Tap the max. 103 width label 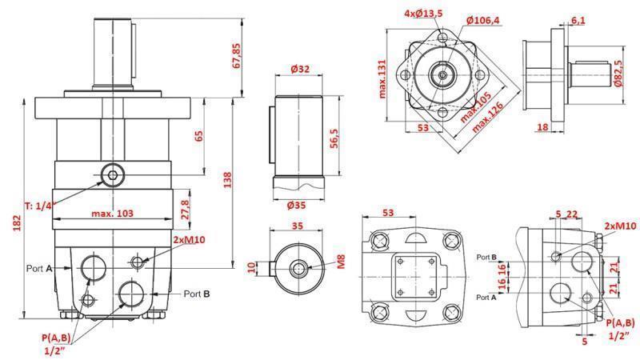pos(111,213)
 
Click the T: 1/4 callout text pos(38,206)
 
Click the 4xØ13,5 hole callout pos(422,14)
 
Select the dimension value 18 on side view pos(542,126)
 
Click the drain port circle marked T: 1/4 pos(113,174)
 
